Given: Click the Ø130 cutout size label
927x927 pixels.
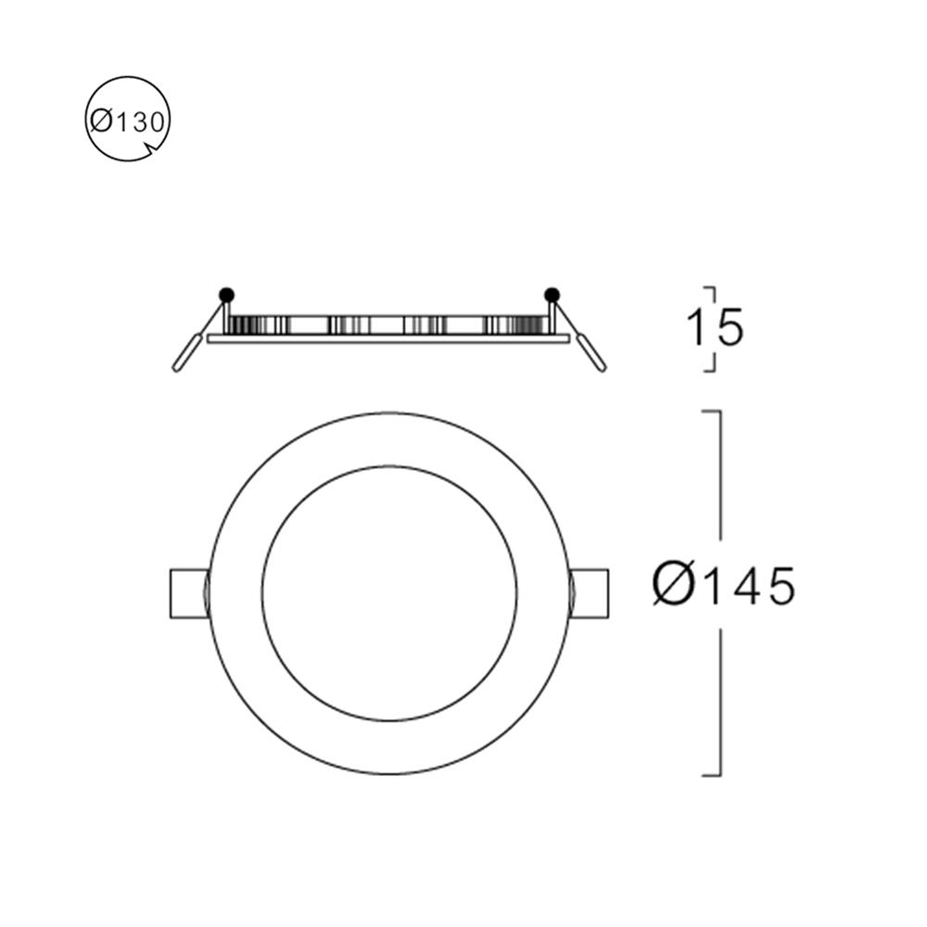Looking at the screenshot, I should pos(128,121).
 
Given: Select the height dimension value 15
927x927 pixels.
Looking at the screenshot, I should pos(715,328).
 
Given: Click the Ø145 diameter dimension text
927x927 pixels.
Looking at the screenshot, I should pos(723,585).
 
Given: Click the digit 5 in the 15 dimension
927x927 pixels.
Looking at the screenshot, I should pos(730,328).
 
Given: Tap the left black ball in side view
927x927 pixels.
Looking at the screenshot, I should pos(225,295).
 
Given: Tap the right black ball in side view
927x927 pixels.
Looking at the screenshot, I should pos(552,295).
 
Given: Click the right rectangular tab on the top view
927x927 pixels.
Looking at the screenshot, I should pos(590,593).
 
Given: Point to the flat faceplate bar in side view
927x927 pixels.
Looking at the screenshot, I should pos(388,339).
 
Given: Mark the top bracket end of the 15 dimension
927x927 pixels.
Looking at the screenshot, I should pos(710,288).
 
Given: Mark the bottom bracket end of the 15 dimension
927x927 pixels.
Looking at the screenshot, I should pos(710,370).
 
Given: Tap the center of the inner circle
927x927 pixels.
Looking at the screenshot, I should pos(389,593).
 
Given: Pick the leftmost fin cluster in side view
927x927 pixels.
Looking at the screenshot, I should pos(243,325).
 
